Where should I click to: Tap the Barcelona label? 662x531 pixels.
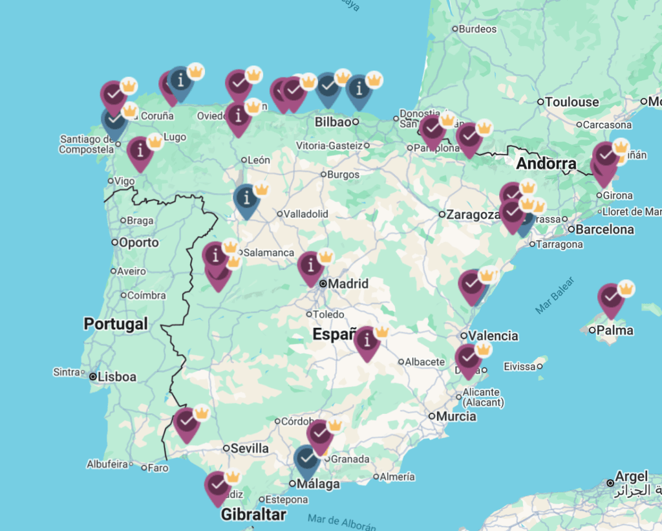(604, 229)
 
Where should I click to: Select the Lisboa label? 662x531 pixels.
(116, 376)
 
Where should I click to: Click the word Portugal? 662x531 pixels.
(116, 323)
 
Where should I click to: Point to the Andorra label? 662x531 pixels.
(546, 164)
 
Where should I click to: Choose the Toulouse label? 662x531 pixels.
(571, 102)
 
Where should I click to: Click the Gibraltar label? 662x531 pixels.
(253, 515)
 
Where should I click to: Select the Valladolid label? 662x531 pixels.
(306, 213)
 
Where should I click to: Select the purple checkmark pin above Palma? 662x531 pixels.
(610, 298)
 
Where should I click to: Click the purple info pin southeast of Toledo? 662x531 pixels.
(367, 340)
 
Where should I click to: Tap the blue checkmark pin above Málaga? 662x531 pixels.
(306, 459)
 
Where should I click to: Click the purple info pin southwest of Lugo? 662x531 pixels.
(140, 151)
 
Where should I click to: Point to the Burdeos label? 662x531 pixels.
(478, 29)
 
